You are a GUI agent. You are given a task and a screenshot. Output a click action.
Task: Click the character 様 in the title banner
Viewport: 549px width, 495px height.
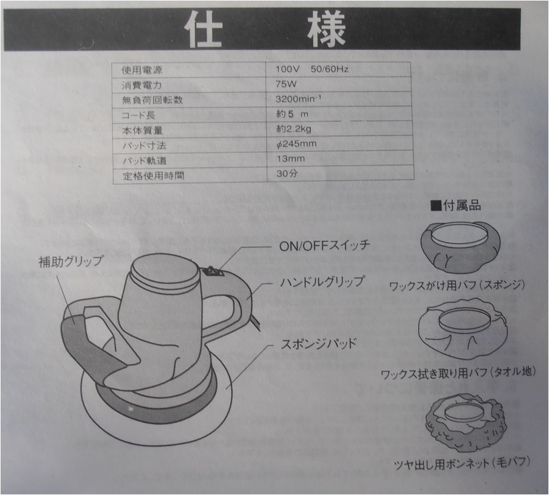(327, 29)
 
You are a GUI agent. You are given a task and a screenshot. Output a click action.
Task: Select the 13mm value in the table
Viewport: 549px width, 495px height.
(290, 159)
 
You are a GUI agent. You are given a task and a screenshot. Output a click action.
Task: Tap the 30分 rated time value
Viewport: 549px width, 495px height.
(286, 174)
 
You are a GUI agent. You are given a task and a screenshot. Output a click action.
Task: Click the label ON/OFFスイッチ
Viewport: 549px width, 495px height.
(325, 245)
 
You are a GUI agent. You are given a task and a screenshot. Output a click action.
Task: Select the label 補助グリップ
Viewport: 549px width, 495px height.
(70, 261)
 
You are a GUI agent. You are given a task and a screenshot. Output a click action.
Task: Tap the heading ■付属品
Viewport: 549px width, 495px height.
(456, 206)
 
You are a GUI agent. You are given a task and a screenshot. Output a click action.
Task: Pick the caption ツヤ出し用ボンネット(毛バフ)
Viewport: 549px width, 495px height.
(462, 463)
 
